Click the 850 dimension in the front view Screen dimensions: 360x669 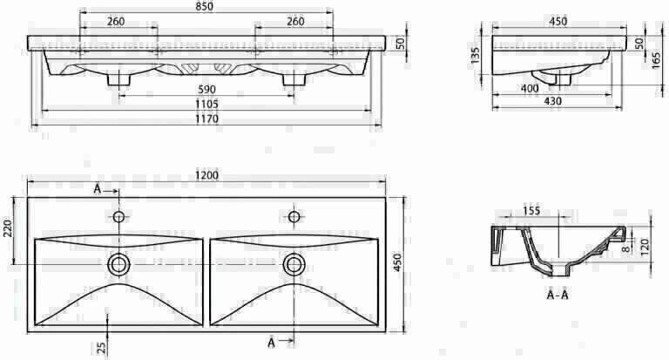point(206,7)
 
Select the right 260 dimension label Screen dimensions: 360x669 point(294,22)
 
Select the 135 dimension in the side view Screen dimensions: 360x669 point(476,55)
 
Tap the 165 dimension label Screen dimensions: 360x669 point(653,62)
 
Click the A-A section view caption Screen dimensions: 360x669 point(557,295)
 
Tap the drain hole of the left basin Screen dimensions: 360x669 point(118,262)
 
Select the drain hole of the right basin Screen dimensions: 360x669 point(294,262)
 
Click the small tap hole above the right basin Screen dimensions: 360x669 point(294,215)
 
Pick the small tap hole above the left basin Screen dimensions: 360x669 point(118,215)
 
